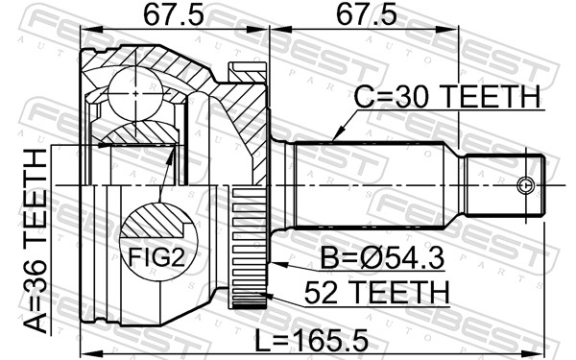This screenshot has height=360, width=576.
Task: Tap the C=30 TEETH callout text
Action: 446,97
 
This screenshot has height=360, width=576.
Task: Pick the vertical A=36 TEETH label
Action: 34,240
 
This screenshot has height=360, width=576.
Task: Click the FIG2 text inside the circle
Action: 156,256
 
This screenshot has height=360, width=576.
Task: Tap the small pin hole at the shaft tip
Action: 524,185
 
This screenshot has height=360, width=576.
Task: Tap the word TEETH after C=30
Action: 491,97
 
